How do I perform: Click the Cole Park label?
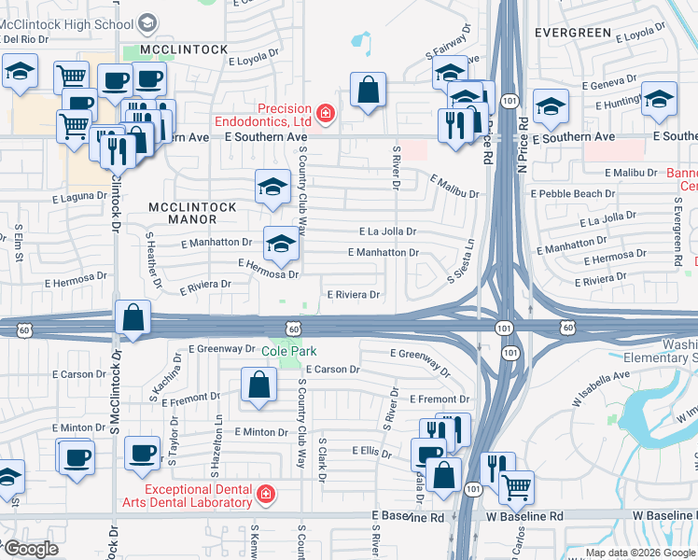pos(289,351)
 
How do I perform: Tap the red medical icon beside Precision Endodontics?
pos(326,114)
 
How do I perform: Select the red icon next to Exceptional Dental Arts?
pos(266,493)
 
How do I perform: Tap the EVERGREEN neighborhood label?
pos(573,33)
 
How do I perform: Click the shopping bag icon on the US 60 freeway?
pos(133,317)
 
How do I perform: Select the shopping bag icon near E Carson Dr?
pos(258,384)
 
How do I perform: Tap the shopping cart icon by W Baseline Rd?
pos(515,487)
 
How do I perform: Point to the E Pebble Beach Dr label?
pos(573,193)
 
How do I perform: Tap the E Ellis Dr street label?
pos(371,451)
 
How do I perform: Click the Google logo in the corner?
pos(30,549)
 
